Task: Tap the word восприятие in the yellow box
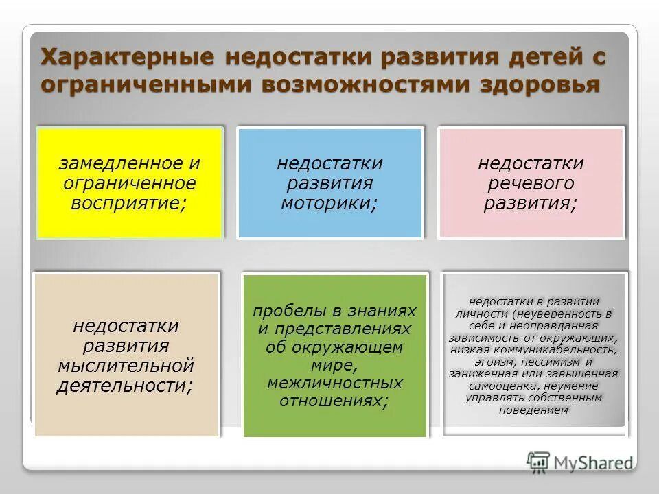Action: click(x=124, y=203)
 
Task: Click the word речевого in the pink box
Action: click(x=531, y=184)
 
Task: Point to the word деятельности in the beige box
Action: click(x=123, y=386)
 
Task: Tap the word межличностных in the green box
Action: click(x=335, y=382)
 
